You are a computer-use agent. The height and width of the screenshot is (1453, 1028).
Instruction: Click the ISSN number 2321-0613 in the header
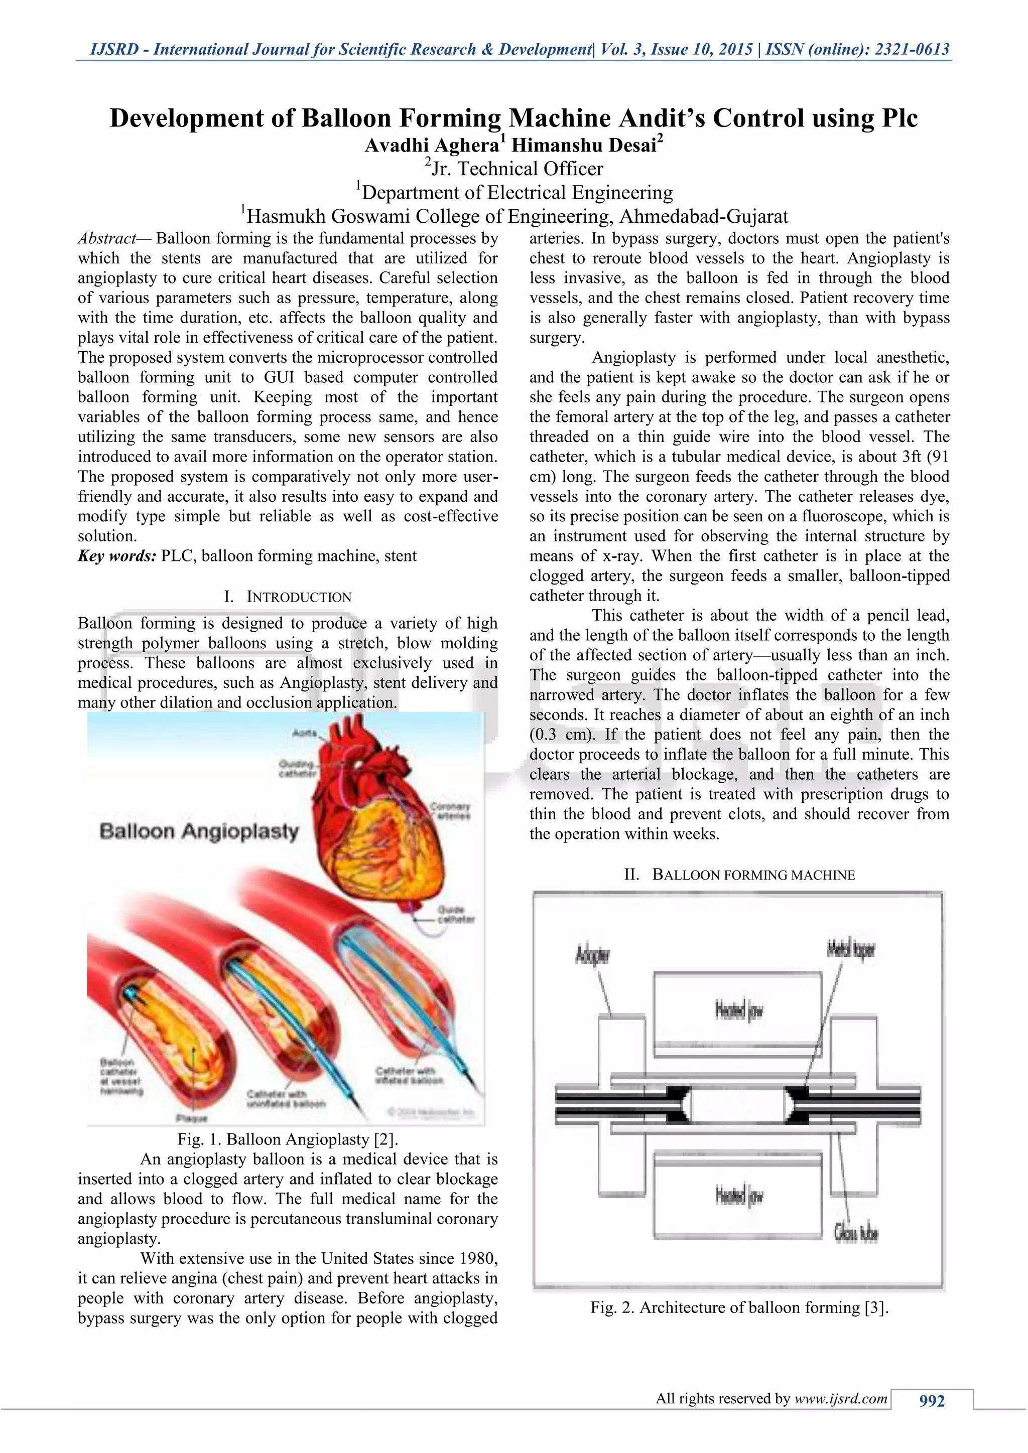[x=912, y=49]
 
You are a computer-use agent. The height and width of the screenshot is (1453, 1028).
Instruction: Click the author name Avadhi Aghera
[x=432, y=146]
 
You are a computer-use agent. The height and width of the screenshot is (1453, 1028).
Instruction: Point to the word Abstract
[x=106, y=239]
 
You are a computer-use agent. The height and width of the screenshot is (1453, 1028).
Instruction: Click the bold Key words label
[x=117, y=556]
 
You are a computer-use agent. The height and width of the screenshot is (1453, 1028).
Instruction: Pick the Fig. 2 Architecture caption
[x=739, y=1307]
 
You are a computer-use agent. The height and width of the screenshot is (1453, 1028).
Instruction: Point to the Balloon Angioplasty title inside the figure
[x=199, y=831]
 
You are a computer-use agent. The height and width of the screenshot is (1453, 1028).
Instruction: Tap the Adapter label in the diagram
[x=592, y=954]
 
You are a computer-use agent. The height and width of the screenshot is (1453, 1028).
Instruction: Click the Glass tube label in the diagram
[x=855, y=1233]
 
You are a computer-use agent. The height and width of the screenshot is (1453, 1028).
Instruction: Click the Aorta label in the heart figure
[x=304, y=733]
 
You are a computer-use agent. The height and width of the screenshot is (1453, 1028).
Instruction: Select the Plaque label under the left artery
[x=191, y=1118]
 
